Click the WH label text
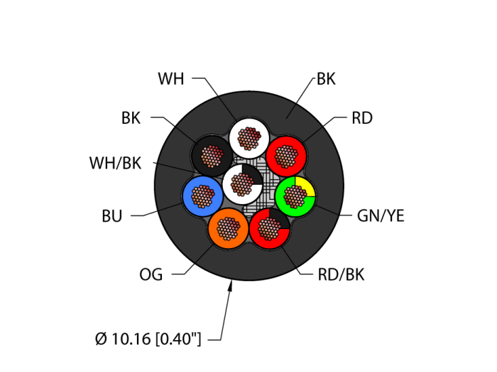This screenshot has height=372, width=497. tap(170, 79)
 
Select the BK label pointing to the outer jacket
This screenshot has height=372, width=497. tap(326, 79)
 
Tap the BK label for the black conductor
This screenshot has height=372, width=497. tap(131, 118)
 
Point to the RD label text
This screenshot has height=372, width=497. tap(361, 118)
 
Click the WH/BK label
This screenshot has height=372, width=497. tap(115, 164)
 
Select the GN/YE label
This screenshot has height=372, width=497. tap(381, 216)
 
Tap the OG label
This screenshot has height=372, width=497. tap(151, 275)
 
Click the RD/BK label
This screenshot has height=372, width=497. tap(341, 275)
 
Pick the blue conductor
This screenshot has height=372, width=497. tap(203, 196)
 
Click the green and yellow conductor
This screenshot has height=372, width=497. tap(295, 196)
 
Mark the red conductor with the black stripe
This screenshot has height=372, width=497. tap(269, 228)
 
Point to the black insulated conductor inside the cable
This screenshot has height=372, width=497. tap(212, 154)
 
